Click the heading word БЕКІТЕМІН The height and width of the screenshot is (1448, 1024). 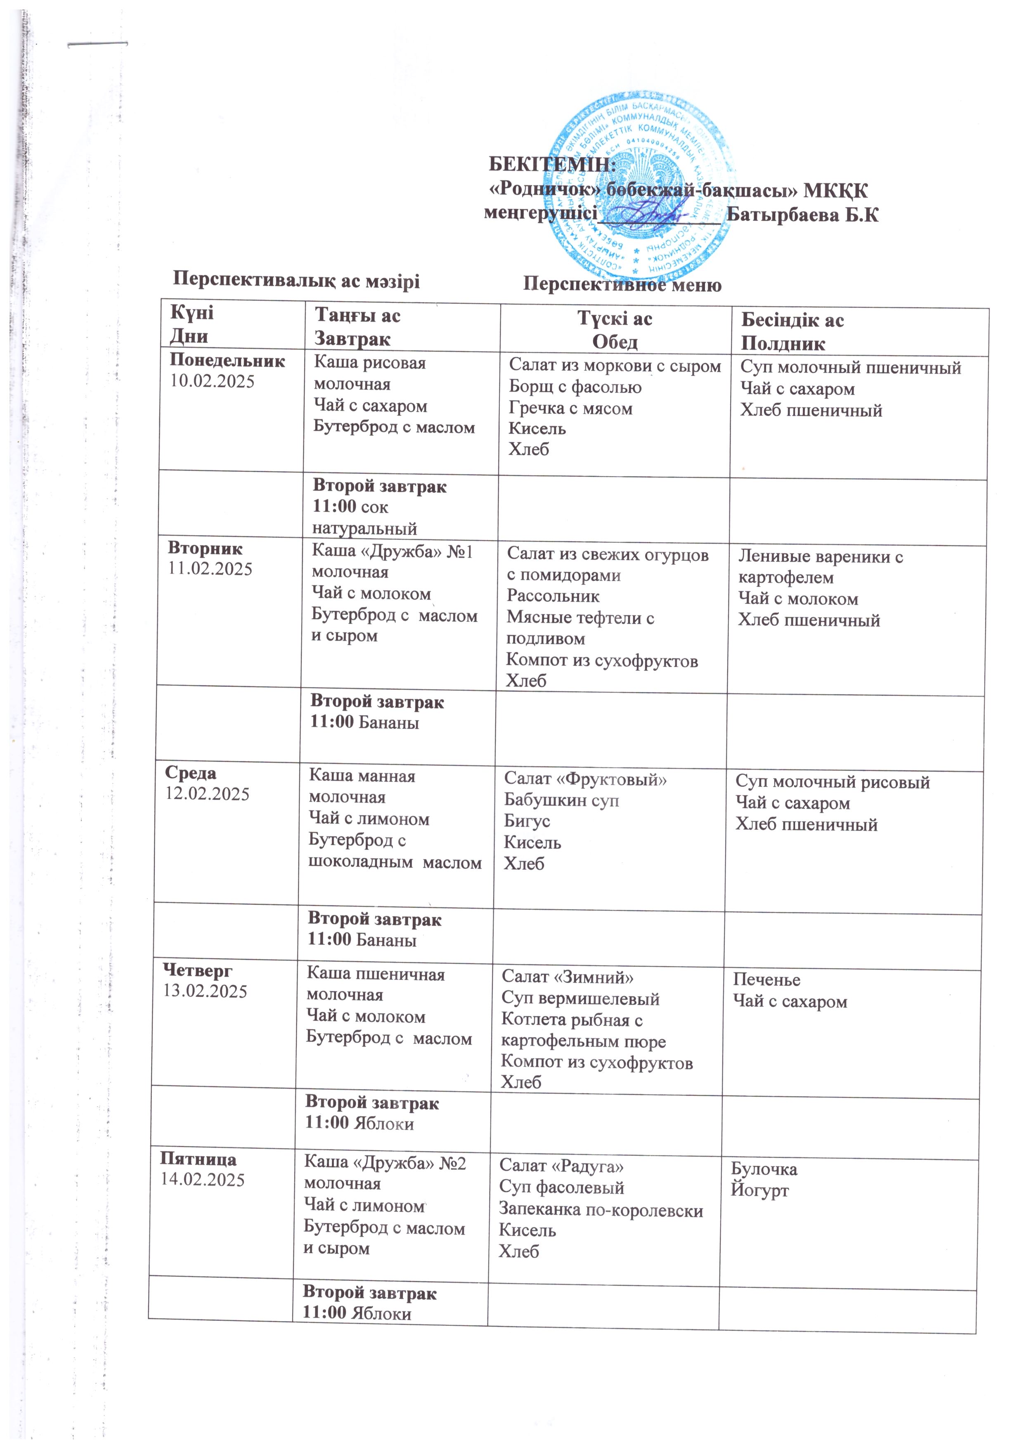click(552, 165)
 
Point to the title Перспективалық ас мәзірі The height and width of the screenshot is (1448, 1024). click(296, 280)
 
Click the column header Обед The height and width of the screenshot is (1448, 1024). click(615, 342)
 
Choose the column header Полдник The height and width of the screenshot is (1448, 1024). click(783, 344)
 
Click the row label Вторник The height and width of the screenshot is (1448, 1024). click(205, 548)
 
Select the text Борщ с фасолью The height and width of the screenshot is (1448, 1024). click(575, 387)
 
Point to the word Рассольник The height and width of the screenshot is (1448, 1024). click(553, 596)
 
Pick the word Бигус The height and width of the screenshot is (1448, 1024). click(527, 822)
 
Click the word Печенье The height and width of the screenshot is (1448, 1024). click(766, 980)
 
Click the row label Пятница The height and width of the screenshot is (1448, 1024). click(199, 1159)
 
